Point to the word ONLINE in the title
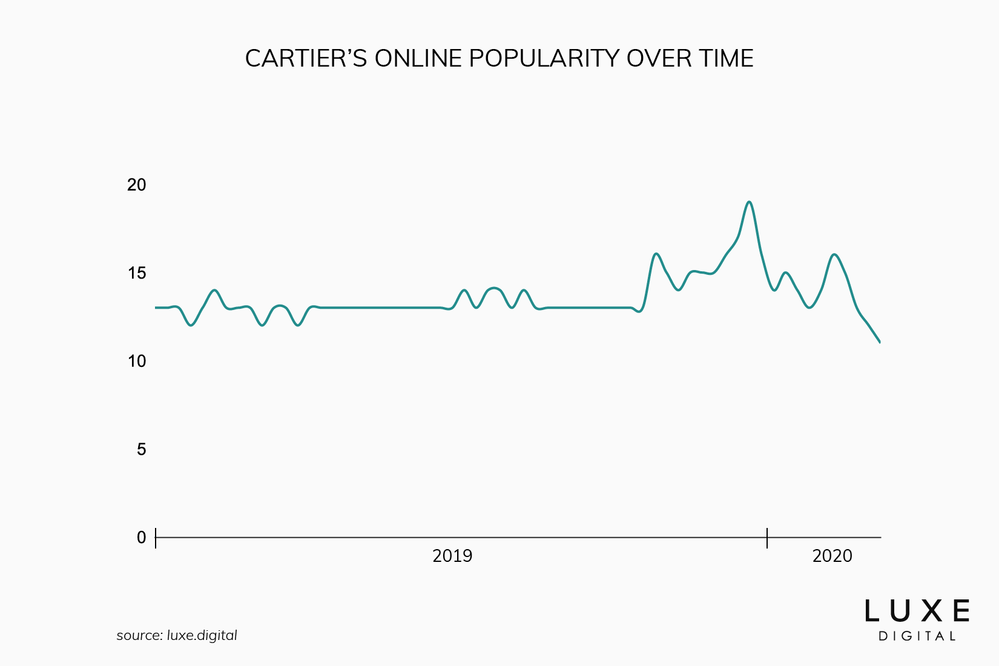[x=418, y=59]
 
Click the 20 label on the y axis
[x=137, y=185]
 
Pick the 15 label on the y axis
[x=137, y=273]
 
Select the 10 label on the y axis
[x=137, y=361]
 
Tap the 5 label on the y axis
[x=142, y=449]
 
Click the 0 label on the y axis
[x=142, y=538]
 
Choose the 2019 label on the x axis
[x=452, y=556]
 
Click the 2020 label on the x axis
[x=832, y=556]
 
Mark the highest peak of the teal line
[x=750, y=202]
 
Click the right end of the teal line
[x=879, y=342]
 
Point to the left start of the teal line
[x=156, y=308]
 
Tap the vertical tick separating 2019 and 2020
[x=767, y=538]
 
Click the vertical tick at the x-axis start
[x=156, y=538]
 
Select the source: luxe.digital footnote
[x=177, y=636]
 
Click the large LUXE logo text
[x=917, y=612]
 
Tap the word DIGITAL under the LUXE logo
[x=917, y=636]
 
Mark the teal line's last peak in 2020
[x=835, y=254]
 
